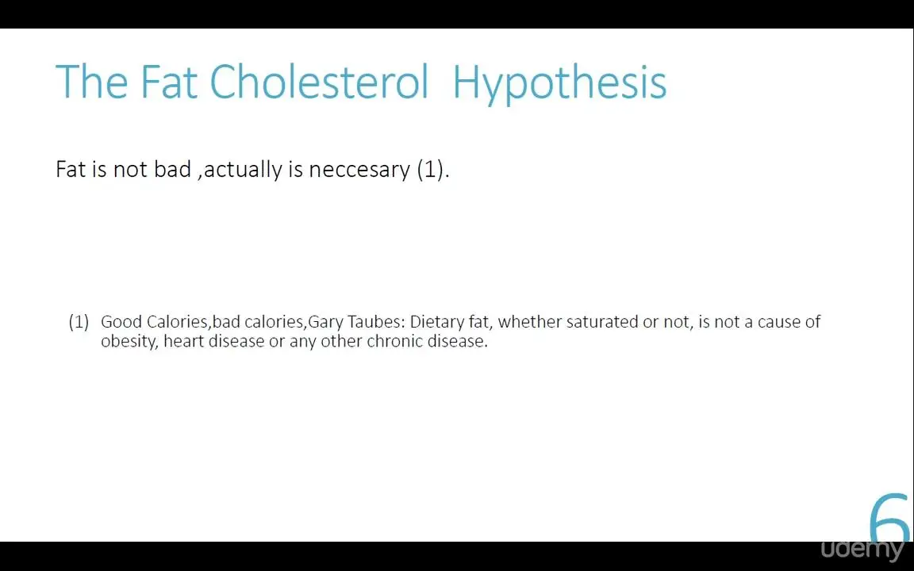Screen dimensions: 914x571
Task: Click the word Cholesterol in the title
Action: click(x=319, y=82)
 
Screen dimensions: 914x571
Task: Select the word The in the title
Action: click(x=91, y=82)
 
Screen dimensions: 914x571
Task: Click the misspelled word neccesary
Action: click(x=359, y=170)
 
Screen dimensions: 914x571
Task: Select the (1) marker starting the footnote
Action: click(x=79, y=322)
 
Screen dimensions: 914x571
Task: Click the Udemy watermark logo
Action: click(x=862, y=550)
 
